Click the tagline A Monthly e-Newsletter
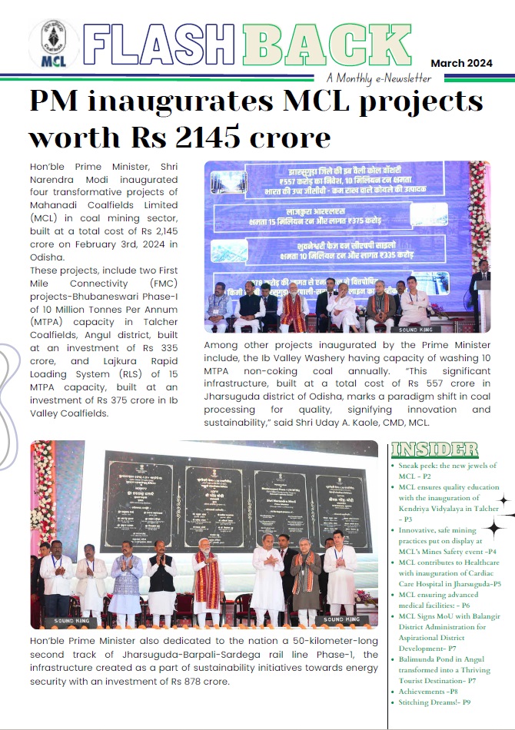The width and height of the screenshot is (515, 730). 378,78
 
